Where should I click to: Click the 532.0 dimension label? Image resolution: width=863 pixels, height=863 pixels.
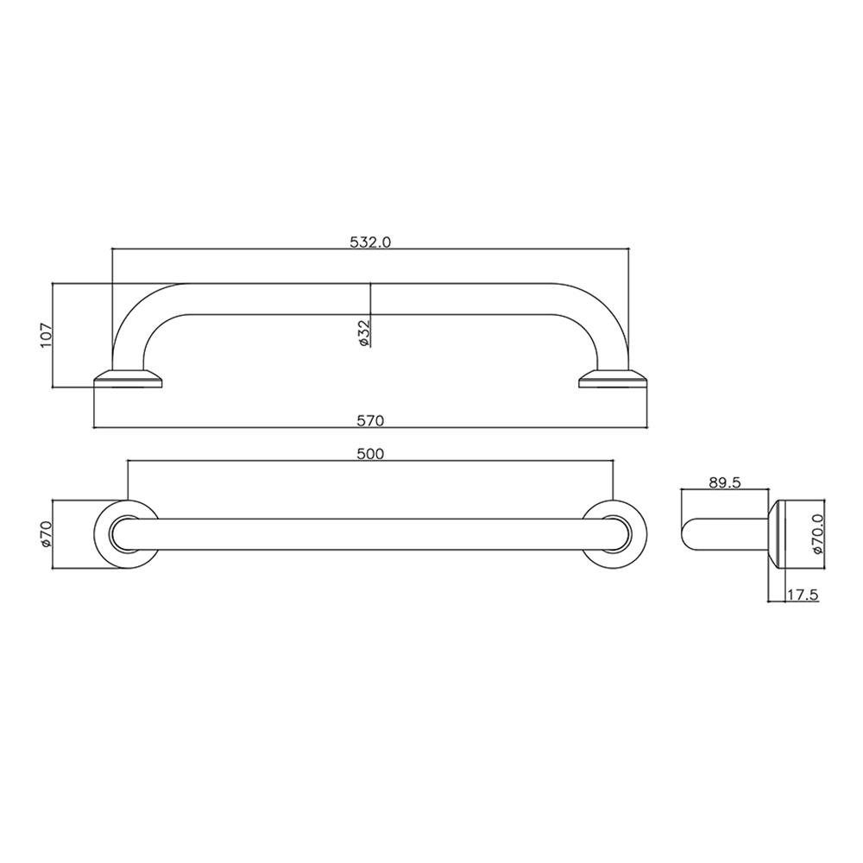[370, 243]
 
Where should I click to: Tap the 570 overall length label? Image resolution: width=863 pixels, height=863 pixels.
[370, 421]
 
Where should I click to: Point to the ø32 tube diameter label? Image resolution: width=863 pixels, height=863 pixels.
[364, 332]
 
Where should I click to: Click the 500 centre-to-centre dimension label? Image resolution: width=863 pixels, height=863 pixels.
[370, 454]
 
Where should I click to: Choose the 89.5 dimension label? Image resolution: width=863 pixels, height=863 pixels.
[725, 482]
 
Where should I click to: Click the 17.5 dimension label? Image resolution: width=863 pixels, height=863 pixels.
[803, 595]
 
